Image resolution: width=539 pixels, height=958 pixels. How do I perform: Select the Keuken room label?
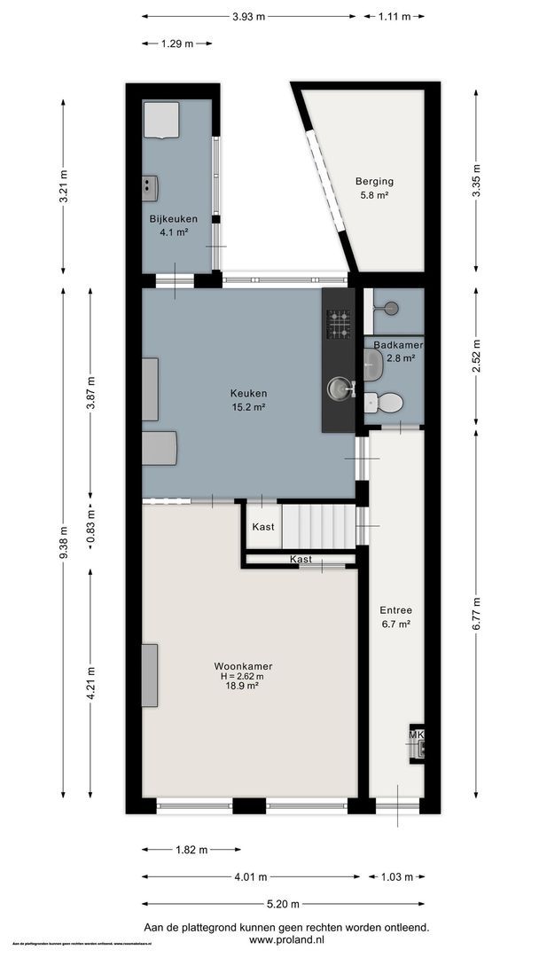tap(248, 394)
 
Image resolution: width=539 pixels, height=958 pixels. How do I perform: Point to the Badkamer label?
tap(397, 345)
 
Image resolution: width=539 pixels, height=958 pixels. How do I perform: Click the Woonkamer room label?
tap(242, 665)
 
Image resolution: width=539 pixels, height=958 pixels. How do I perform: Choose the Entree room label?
tap(395, 610)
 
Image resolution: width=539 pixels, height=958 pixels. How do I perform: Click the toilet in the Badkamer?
tap(384, 404)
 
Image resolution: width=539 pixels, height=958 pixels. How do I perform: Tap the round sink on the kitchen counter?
tap(339, 388)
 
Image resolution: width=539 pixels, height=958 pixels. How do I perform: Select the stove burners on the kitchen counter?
tap(339, 324)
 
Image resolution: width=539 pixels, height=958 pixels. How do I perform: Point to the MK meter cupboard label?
tap(417, 735)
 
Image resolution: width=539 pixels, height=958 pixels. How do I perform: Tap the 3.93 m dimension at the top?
tap(248, 16)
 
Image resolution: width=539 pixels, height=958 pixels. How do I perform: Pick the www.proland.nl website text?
tap(282, 939)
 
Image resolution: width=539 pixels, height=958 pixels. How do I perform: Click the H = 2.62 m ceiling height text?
tap(242, 676)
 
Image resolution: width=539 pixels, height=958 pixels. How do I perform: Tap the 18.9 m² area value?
tap(242, 686)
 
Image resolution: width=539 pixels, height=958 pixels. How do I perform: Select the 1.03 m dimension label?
tap(396, 877)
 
